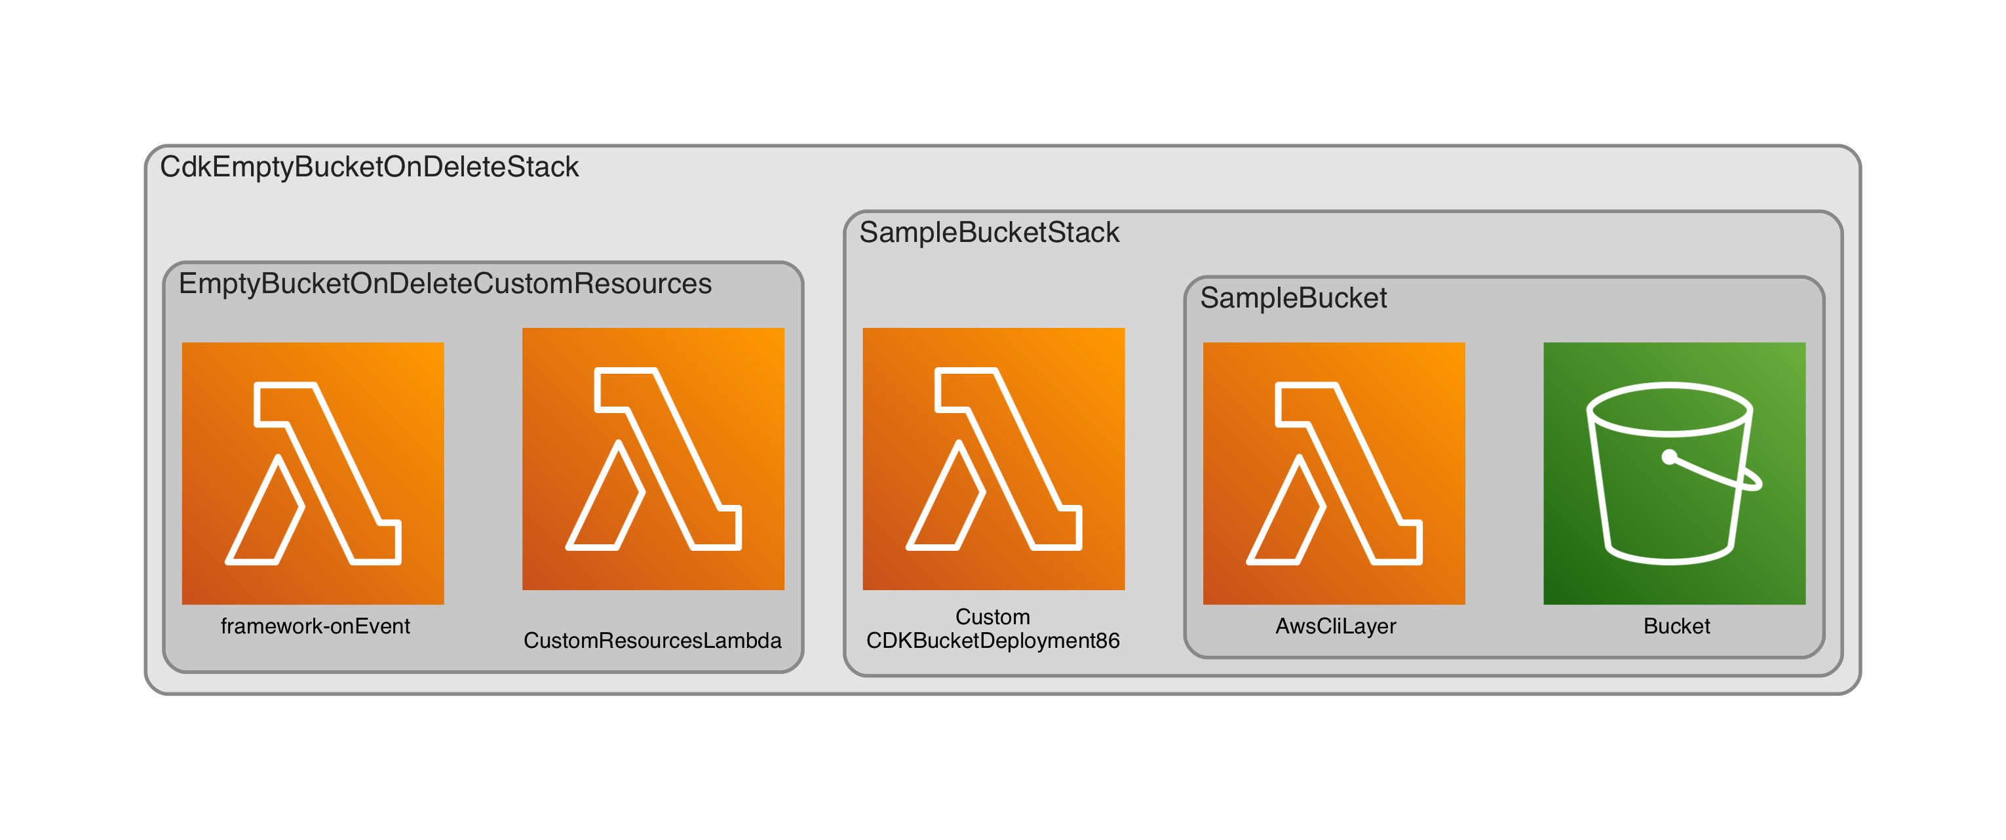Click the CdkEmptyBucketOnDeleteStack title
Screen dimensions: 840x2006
369,167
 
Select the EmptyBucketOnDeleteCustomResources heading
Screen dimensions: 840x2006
445,284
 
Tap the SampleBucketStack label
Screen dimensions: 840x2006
988,232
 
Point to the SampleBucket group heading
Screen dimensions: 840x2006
1293,298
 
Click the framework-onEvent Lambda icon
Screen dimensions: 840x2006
313,473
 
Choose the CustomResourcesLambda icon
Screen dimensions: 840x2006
653,459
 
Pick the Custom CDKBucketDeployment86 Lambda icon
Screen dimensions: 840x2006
993,459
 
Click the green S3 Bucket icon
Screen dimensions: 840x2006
1674,473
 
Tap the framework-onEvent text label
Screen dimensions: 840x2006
315,626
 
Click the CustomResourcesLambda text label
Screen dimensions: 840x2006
652,641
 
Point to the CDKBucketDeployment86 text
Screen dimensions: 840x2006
992,641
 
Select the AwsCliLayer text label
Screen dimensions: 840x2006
1335,626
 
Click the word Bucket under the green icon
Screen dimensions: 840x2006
1676,626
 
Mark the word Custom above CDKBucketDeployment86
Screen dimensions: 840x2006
992,616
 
